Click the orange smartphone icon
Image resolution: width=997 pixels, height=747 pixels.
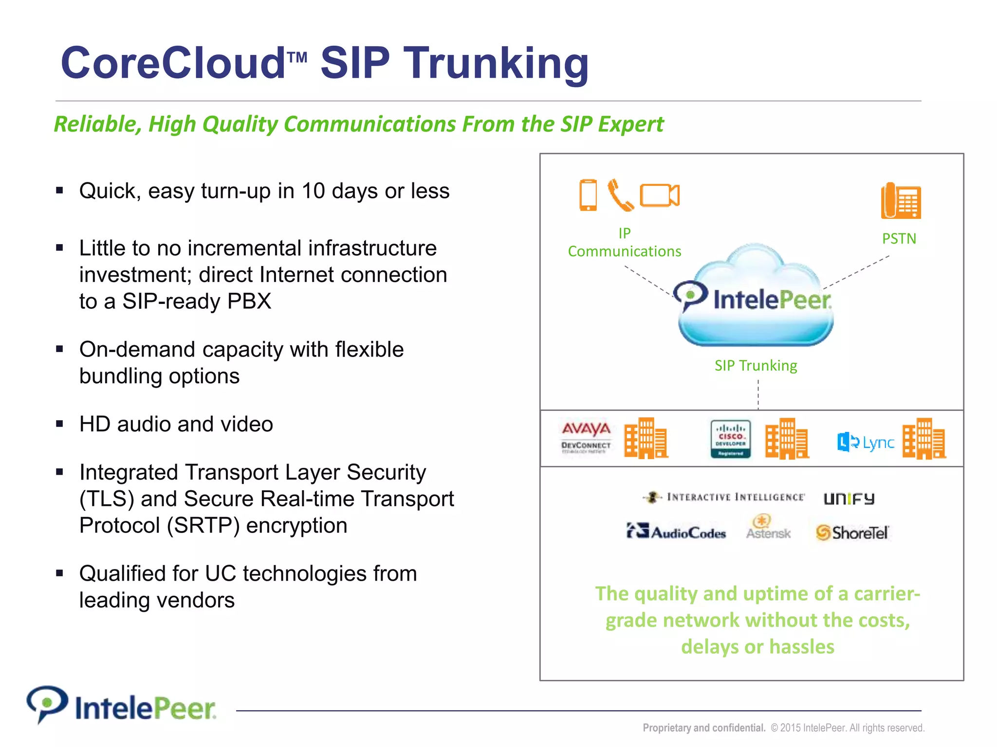[x=588, y=195]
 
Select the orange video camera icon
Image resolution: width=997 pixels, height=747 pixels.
[x=660, y=196]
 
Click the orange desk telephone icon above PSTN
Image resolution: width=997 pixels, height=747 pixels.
[x=901, y=201]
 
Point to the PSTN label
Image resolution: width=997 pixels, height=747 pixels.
[x=899, y=239]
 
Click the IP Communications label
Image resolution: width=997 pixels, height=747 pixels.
[x=625, y=242]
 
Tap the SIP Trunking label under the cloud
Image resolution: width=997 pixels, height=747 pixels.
[x=756, y=365]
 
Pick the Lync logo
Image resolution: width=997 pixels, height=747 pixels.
[x=866, y=442]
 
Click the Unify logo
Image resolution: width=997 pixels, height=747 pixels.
[x=849, y=498]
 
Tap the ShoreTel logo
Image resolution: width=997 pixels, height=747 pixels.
[x=852, y=533]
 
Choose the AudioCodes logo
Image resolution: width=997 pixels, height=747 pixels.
[x=676, y=532]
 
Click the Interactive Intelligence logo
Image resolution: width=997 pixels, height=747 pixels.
[x=724, y=497]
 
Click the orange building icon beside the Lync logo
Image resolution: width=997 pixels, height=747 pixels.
[x=924, y=439]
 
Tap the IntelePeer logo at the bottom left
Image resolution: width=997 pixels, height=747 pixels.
[x=122, y=706]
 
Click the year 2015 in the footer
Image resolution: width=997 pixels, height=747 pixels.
[x=790, y=728]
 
